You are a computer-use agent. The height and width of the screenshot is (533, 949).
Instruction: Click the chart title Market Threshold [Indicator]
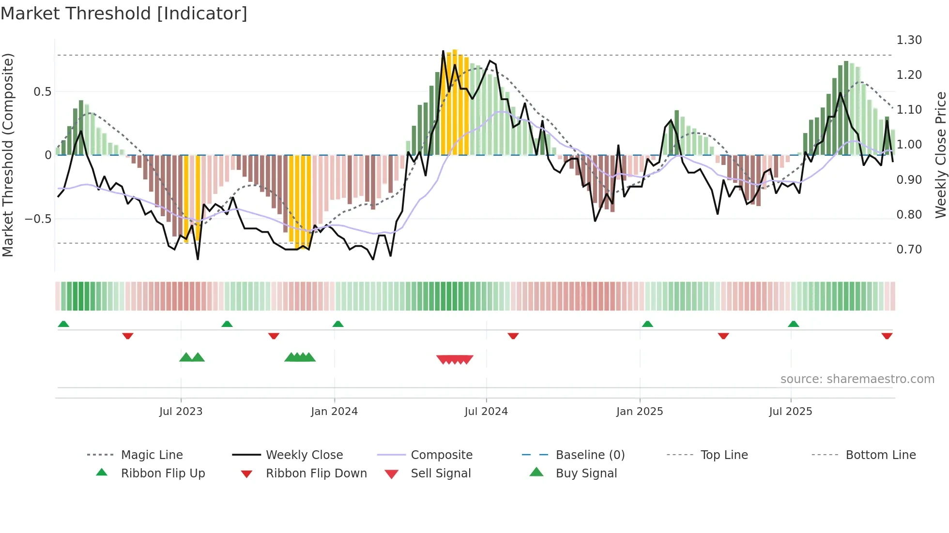pos(124,14)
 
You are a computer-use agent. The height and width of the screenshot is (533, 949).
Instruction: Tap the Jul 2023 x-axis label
pos(181,412)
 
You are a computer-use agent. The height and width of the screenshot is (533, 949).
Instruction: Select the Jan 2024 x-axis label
pos(334,412)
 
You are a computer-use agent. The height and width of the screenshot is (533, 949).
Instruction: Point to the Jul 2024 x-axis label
pos(486,412)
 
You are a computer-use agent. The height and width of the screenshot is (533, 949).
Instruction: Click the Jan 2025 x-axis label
pos(640,412)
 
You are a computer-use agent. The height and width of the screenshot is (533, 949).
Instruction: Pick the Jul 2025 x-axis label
pos(791,412)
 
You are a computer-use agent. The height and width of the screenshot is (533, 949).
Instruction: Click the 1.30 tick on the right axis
pos(909,40)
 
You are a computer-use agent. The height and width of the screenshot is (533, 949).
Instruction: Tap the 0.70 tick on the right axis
pos(909,250)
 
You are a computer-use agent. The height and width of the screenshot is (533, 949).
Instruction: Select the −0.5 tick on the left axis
pos(38,219)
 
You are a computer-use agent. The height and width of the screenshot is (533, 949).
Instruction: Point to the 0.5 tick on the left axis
pos(42,92)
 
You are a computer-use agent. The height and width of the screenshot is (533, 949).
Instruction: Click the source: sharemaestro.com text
pos(857,379)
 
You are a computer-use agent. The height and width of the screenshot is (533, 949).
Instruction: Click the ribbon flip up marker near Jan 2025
pos(647,324)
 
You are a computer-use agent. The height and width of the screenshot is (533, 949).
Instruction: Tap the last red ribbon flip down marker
pos(887,336)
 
